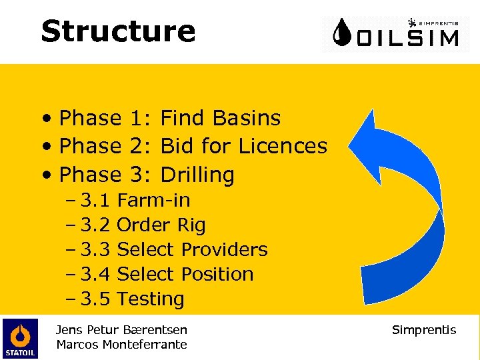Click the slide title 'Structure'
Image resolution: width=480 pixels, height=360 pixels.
(x=118, y=31)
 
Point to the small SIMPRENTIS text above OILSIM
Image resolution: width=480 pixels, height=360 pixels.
(x=437, y=21)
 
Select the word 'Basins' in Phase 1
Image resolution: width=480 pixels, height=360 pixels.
(x=247, y=118)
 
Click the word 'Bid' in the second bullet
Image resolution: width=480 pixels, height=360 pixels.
(x=176, y=146)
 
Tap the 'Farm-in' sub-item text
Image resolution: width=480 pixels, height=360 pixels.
(x=153, y=200)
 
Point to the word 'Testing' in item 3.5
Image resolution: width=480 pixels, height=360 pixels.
(x=151, y=299)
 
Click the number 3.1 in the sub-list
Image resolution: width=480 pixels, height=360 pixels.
(x=95, y=200)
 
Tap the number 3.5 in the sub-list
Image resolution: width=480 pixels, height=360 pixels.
(x=95, y=299)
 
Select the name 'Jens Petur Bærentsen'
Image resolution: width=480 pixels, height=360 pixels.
(x=121, y=330)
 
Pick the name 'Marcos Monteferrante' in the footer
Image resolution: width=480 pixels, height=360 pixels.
(x=121, y=345)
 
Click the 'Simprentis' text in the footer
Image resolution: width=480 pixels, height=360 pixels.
(x=424, y=330)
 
